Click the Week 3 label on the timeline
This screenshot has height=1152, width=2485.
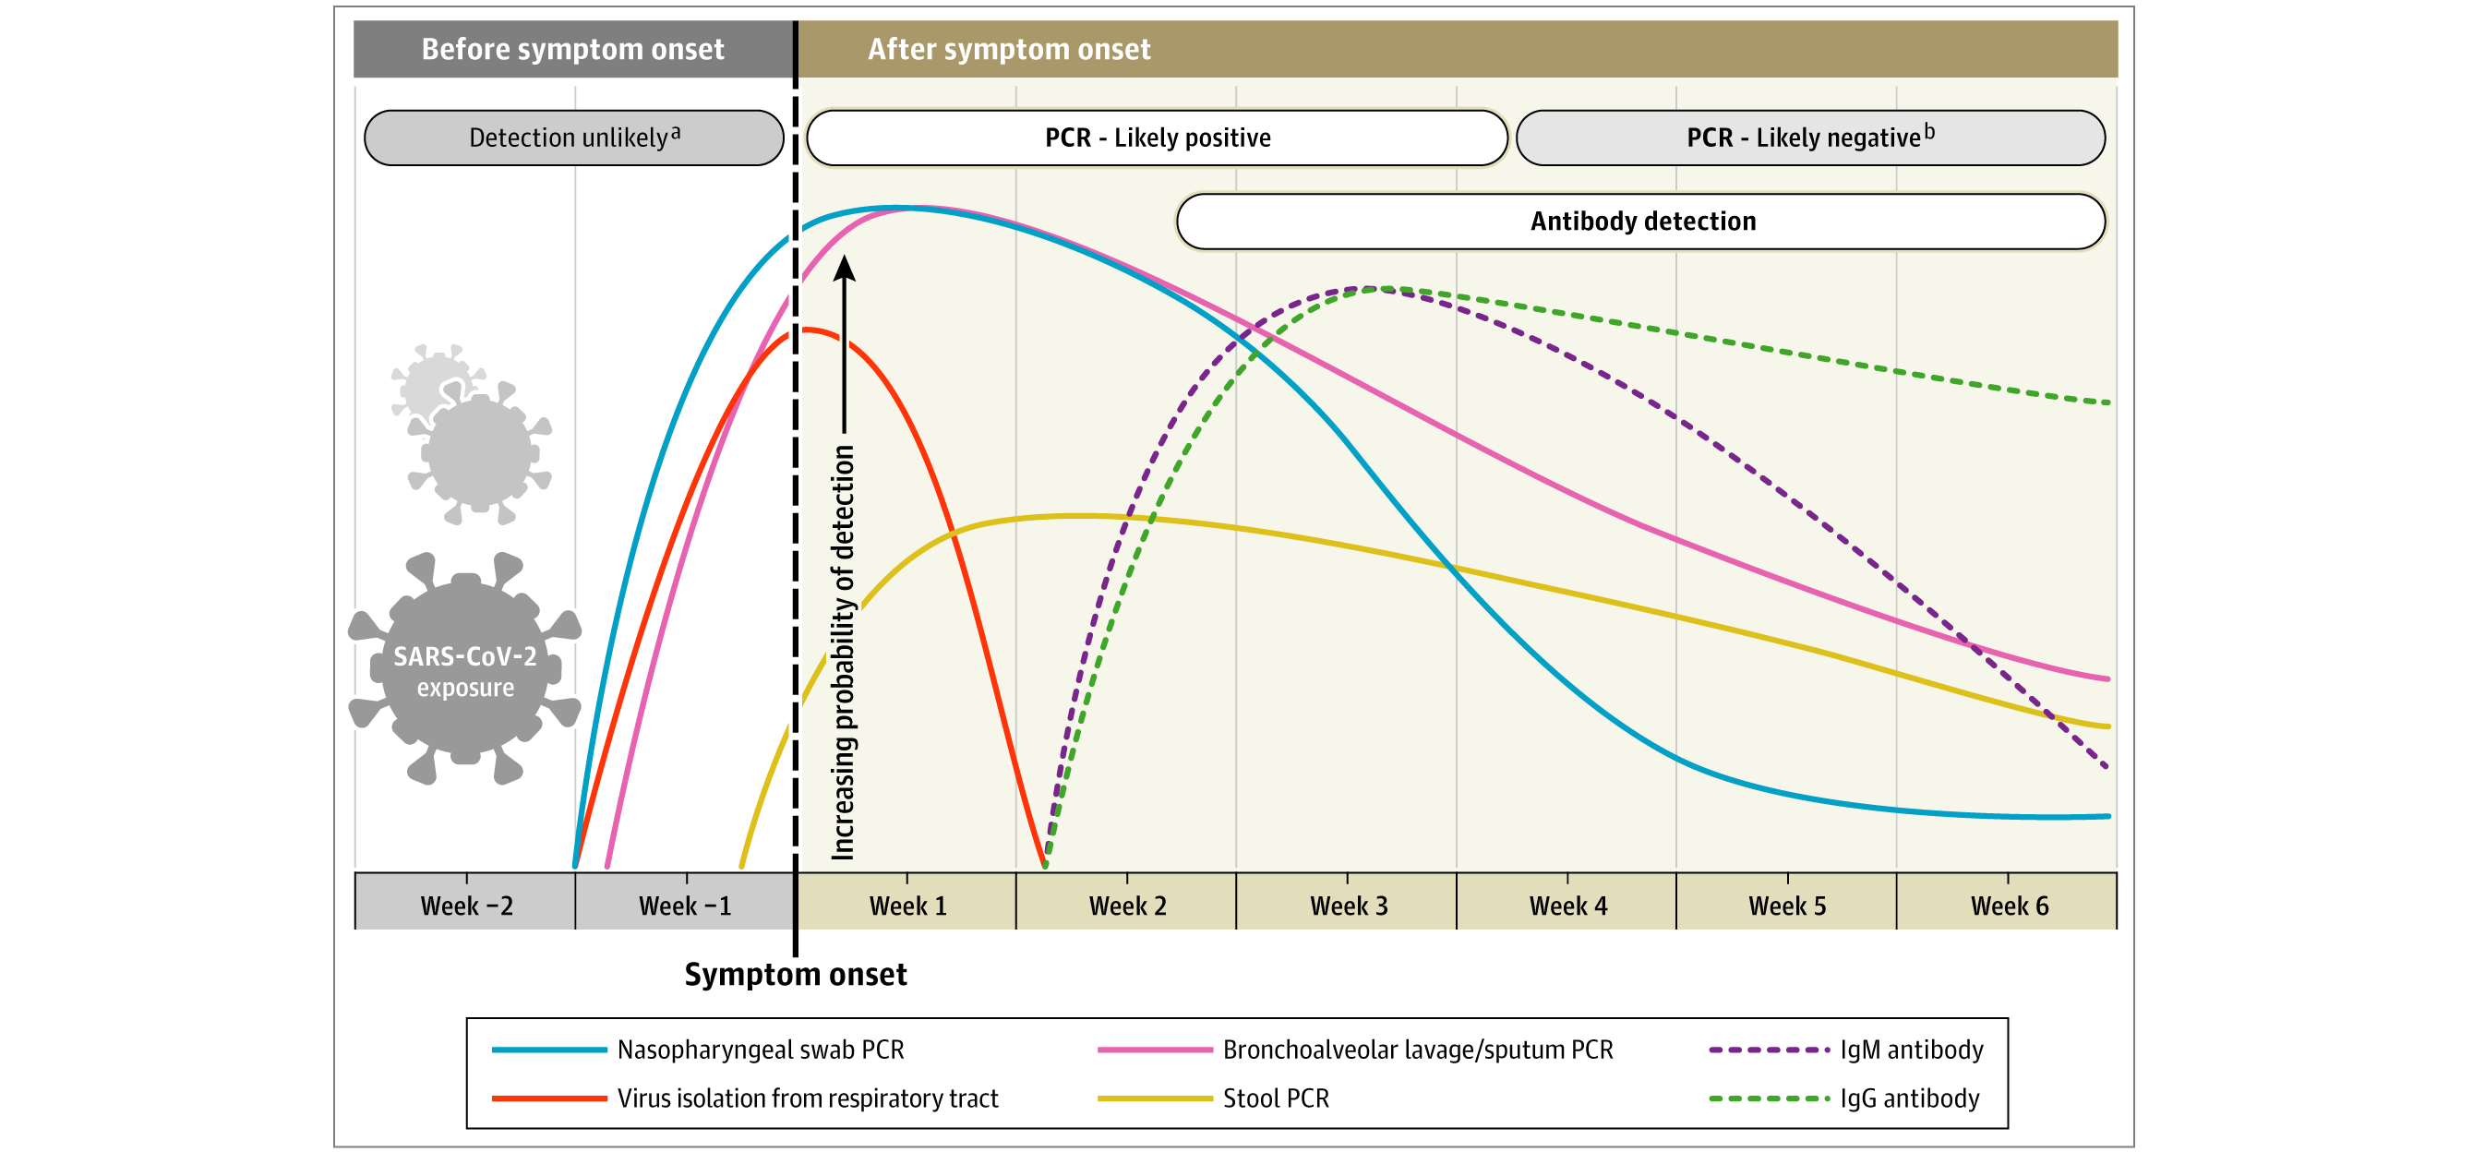pos(1348,905)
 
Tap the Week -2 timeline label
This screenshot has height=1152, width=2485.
pos(466,905)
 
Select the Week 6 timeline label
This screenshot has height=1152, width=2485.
pos(2009,905)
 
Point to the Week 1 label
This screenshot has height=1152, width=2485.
pos(907,905)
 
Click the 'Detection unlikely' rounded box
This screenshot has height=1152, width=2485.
pos(574,137)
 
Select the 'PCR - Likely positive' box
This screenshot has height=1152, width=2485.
pos(1157,137)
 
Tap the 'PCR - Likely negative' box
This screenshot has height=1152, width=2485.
pos(1809,137)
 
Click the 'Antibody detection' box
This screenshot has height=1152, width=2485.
pos(1642,221)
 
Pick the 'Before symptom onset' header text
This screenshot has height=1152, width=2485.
pos(572,49)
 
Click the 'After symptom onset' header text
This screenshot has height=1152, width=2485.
pos(1008,49)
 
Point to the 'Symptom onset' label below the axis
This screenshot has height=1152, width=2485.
pos(796,975)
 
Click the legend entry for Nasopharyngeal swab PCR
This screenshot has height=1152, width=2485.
pos(760,1050)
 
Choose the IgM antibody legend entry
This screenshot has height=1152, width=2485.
pos(1911,1050)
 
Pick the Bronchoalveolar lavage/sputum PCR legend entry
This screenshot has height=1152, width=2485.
pos(1417,1050)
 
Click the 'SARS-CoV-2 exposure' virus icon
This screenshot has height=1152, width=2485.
pos(465,669)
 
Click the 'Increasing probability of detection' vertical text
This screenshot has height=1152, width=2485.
pos(843,653)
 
